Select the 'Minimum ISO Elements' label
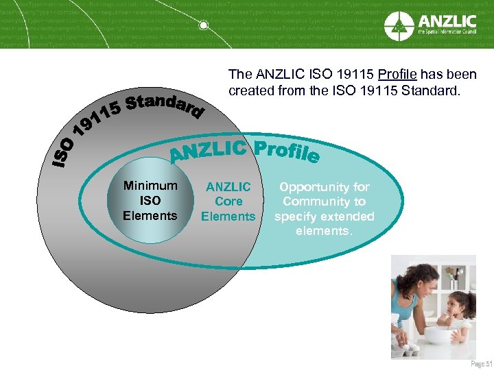coord(150,201)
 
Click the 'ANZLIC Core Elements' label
coord(228,201)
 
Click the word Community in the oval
coord(324,201)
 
